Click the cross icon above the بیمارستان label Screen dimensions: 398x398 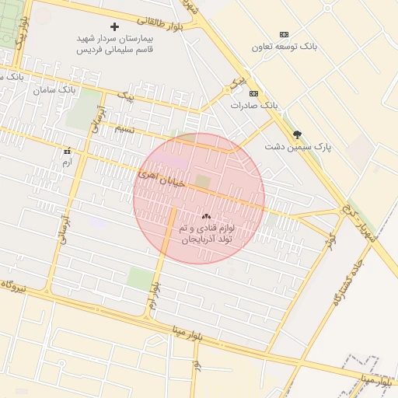115,26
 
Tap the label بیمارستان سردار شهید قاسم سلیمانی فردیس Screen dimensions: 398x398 115,44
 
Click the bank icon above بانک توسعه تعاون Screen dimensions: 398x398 284,34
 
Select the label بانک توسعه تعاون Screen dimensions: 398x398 285,47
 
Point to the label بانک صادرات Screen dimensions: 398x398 253,105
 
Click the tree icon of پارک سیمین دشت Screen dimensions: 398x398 297,134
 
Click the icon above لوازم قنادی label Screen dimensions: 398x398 206,216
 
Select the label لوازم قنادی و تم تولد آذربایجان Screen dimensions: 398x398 207,235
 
